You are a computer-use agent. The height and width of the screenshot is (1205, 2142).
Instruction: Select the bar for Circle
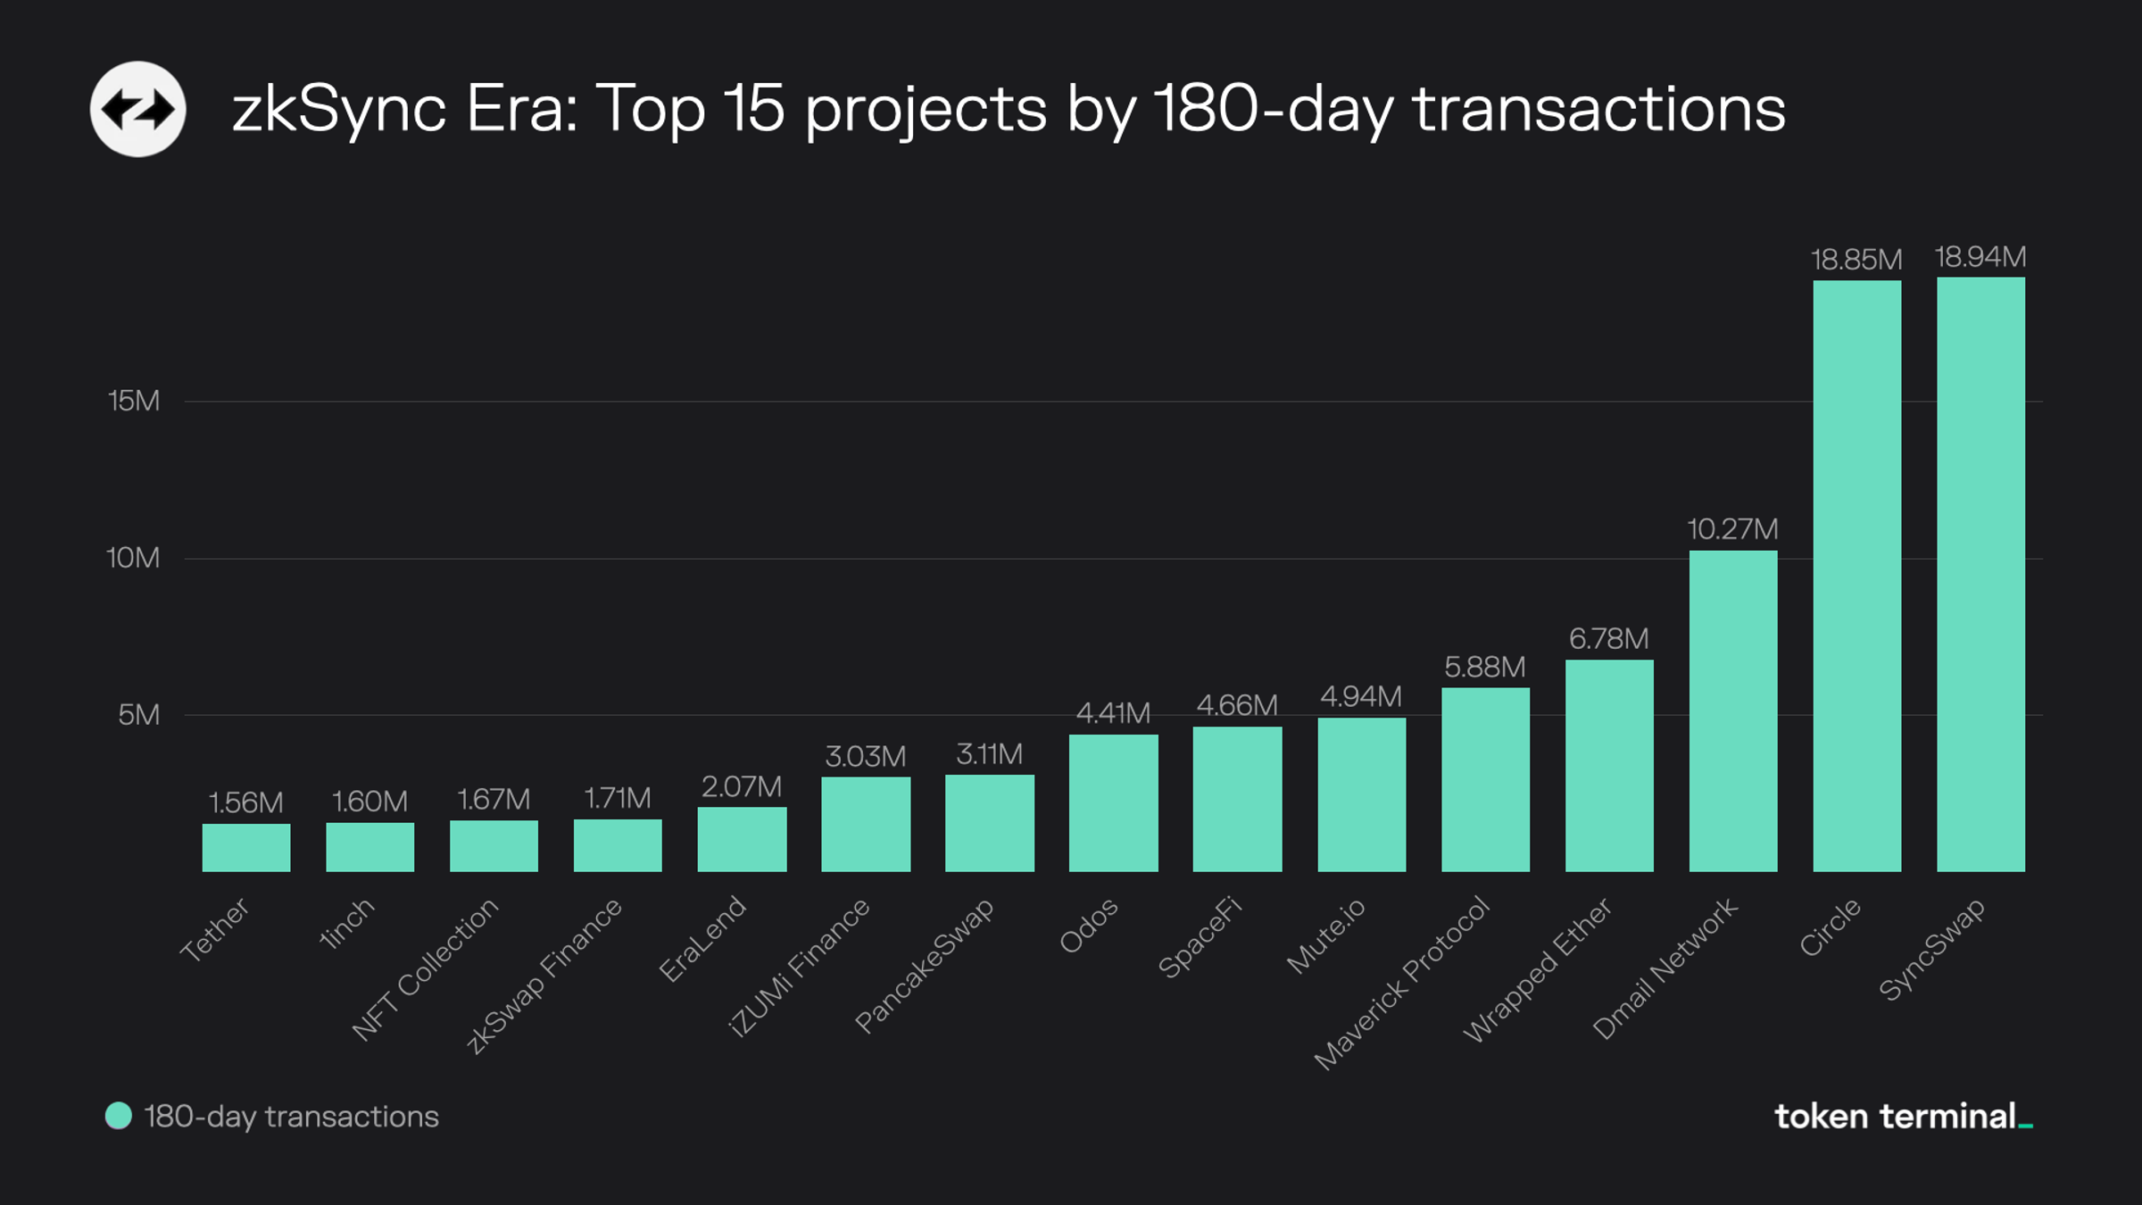point(1856,576)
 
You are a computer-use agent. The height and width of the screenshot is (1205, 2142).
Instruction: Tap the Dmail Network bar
point(1732,711)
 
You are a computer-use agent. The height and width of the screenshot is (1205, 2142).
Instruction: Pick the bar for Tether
point(246,847)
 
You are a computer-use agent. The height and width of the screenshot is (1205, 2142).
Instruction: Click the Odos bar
point(1113,802)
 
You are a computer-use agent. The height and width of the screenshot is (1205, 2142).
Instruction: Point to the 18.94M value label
point(1980,257)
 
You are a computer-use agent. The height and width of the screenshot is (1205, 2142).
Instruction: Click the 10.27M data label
point(1732,529)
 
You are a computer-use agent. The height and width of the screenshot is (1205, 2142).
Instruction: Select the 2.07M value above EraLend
point(742,786)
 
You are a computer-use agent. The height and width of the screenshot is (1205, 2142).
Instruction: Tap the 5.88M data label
point(1485,667)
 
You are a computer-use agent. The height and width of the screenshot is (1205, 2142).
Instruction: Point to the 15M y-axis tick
point(134,401)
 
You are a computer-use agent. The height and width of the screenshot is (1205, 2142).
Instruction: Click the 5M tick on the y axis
point(139,715)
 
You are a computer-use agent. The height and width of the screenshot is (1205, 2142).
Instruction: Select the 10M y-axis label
point(133,558)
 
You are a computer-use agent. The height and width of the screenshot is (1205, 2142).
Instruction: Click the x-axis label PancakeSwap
point(925,965)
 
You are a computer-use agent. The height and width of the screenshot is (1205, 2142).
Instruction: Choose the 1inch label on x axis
point(347,924)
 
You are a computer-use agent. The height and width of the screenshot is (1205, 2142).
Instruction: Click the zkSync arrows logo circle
point(137,109)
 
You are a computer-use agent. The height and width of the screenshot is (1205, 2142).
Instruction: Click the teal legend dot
point(119,1116)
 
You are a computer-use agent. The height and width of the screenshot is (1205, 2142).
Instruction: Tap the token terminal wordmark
point(1901,1117)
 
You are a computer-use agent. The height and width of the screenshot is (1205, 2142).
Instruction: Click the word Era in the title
point(521,109)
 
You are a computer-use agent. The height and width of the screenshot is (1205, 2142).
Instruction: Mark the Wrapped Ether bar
point(1609,765)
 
